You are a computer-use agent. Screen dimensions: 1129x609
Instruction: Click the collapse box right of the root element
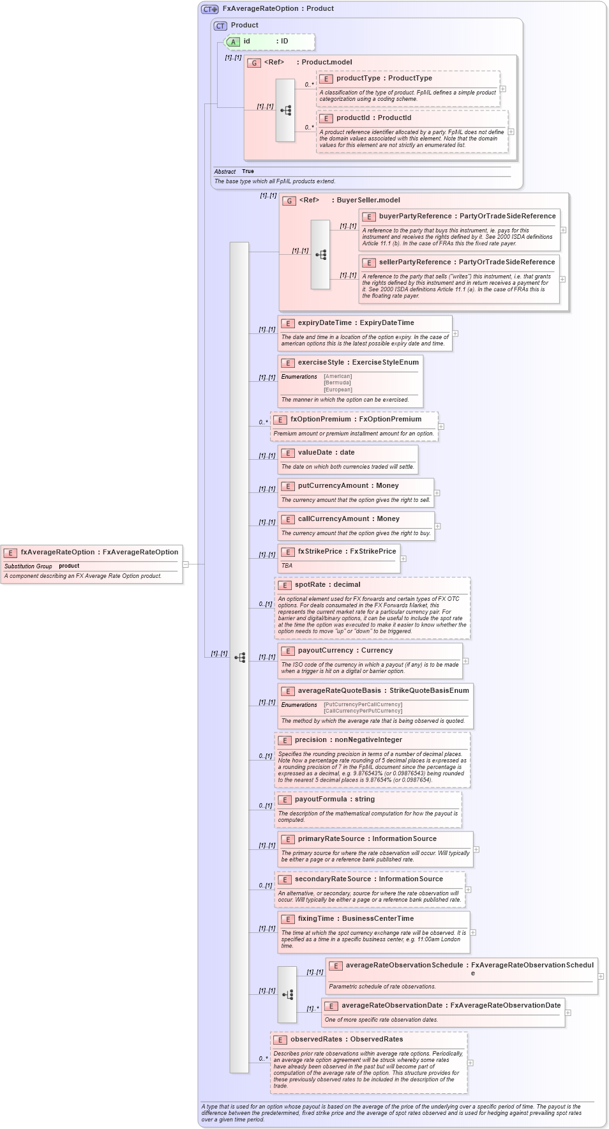(186, 564)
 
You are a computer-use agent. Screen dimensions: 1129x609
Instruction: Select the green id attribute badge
(234, 42)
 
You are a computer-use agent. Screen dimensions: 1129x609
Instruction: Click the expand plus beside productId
(511, 132)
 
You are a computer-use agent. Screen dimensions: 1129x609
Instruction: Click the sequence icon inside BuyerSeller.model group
(320, 255)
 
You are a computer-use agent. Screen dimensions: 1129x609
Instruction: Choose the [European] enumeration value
(338, 390)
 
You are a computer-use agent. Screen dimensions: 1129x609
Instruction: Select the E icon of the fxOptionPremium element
(280, 420)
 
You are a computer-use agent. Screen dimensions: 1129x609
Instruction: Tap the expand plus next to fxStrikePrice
(403, 559)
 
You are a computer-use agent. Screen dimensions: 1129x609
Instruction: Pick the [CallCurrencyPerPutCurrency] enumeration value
(363, 711)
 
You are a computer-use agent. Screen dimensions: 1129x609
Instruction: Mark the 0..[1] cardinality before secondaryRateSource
(266, 886)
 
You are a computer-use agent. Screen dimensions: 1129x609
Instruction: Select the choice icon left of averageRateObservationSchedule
(287, 995)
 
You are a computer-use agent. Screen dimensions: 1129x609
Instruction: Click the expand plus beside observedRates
(470, 1063)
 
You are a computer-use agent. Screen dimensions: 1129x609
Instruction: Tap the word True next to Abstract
(248, 172)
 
